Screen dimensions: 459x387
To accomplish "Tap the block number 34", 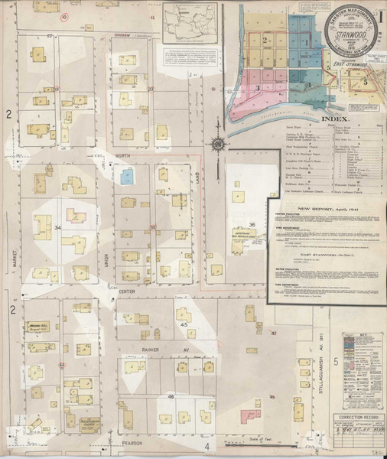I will point(57,228).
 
